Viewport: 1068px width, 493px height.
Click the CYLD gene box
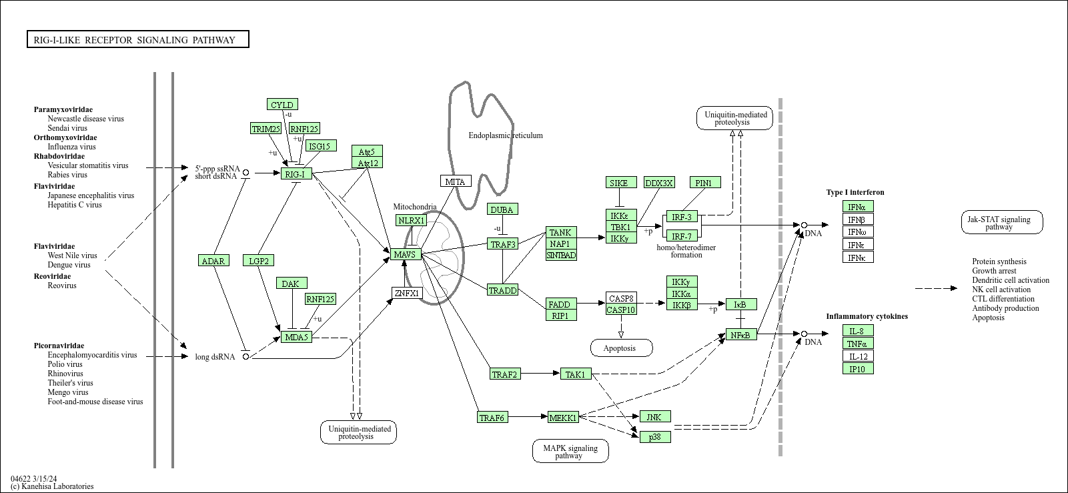tap(282, 105)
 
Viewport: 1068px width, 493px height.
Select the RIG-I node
tap(296, 174)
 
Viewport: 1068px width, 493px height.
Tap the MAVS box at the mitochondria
tap(406, 254)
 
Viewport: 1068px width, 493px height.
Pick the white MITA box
tap(456, 181)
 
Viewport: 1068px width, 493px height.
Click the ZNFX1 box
tap(407, 293)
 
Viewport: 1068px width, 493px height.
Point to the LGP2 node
tap(258, 260)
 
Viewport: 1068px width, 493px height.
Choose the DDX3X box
tap(659, 182)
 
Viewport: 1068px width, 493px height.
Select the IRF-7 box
tap(682, 235)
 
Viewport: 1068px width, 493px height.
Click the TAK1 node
tap(576, 374)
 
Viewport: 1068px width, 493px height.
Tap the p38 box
tap(655, 437)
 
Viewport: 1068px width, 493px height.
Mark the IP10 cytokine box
tap(858, 368)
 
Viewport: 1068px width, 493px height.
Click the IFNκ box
tap(858, 258)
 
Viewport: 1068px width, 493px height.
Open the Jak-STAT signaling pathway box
tap(1002, 223)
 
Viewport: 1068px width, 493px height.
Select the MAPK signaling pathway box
tap(570, 451)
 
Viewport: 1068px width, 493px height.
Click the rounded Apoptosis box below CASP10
tap(621, 348)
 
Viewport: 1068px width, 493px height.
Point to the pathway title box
tap(138, 39)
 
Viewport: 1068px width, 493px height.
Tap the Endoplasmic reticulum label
tap(506, 135)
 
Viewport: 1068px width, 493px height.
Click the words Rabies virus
tap(67, 175)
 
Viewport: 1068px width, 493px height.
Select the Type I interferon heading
tap(855, 192)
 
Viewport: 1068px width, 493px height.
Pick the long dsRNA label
tap(215, 357)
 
